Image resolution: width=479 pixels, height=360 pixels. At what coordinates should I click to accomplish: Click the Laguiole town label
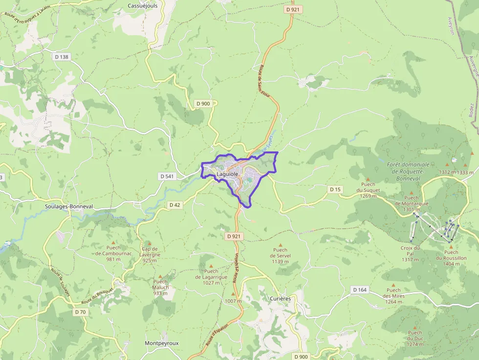(227, 174)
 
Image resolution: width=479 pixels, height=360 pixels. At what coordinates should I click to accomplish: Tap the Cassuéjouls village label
(142, 5)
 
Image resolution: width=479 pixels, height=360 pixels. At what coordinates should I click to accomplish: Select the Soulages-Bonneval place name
(69, 207)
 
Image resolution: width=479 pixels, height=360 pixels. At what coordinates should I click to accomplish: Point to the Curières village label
(280, 298)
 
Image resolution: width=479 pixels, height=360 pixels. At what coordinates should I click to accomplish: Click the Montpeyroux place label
(162, 343)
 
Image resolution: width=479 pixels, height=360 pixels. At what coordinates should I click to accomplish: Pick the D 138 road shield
(62, 57)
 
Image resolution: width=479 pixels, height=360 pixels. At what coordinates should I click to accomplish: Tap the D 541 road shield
(167, 176)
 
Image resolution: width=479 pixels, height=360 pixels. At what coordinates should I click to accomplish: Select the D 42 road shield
(174, 205)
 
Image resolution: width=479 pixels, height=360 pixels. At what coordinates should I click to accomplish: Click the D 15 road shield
(335, 189)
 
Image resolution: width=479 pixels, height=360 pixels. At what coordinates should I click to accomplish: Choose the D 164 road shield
(359, 290)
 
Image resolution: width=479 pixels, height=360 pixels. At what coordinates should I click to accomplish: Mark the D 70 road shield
(81, 312)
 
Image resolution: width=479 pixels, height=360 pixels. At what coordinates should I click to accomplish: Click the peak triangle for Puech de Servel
(281, 244)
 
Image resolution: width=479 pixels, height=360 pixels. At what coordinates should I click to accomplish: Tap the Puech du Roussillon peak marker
(451, 247)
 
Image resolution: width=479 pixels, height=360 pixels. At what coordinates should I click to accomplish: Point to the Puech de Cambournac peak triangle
(113, 242)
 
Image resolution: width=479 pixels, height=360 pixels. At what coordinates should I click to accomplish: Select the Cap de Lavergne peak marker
(150, 243)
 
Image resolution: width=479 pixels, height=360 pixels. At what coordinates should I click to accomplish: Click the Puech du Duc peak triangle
(415, 327)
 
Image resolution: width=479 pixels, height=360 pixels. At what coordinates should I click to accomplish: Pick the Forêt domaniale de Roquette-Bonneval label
(408, 171)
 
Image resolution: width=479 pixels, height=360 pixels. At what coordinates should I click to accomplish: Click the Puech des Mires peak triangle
(393, 284)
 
